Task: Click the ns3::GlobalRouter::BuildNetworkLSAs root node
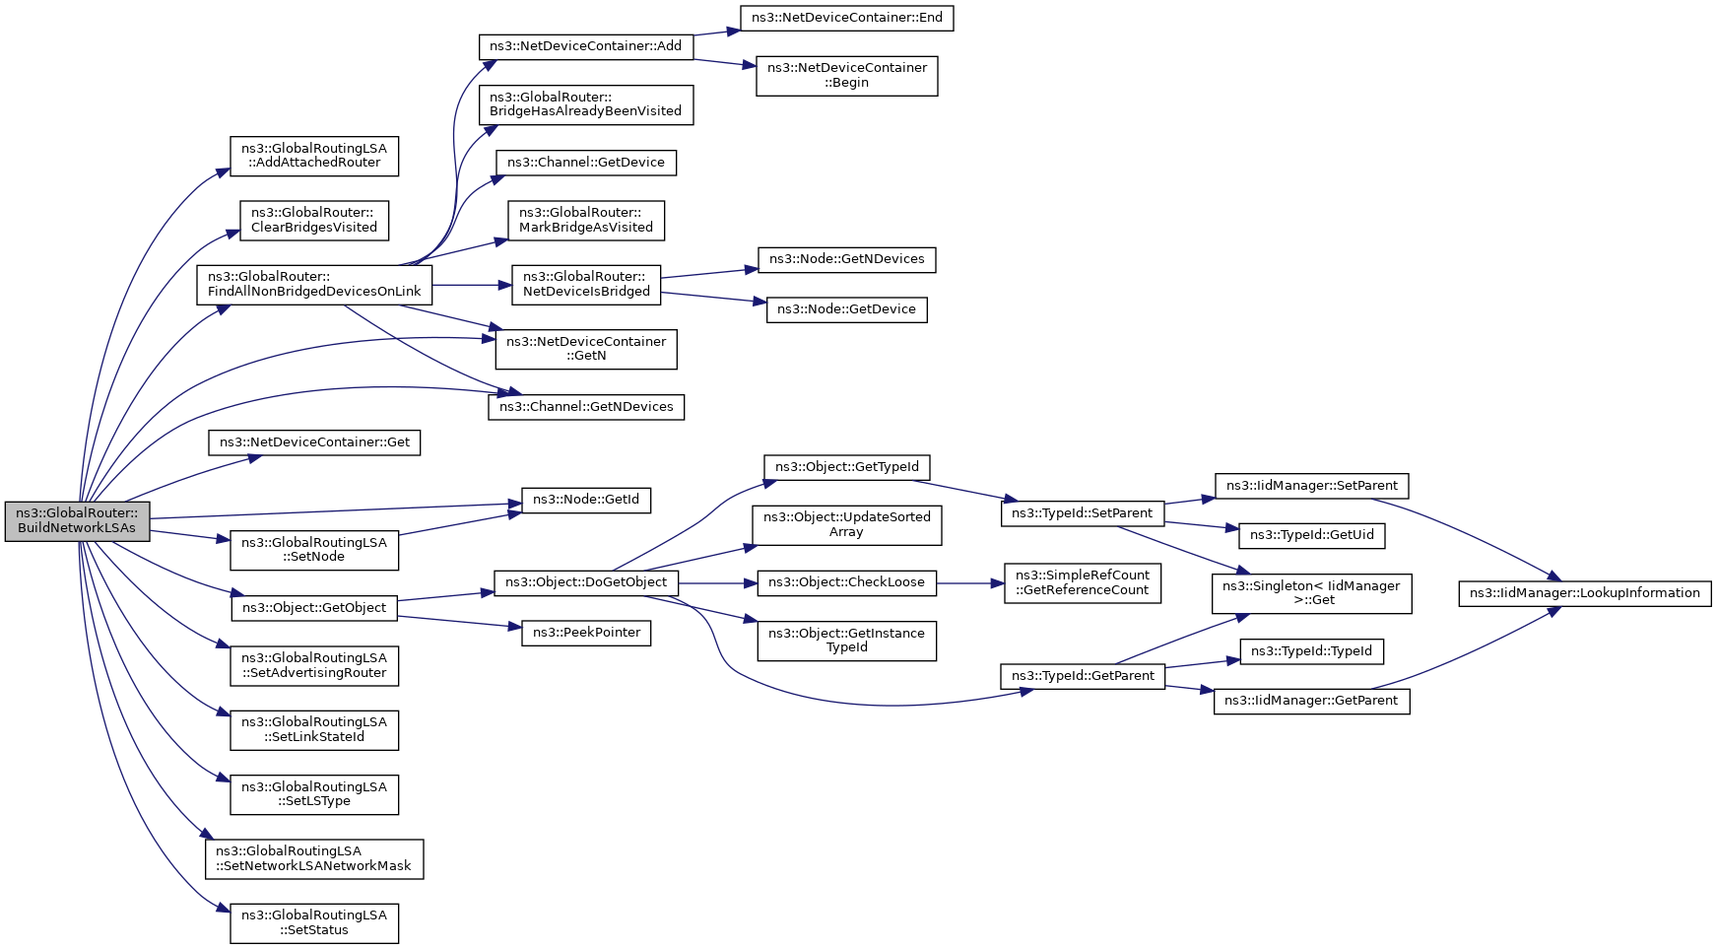77,521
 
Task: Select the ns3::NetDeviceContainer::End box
847,18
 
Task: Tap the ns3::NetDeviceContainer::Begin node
847,76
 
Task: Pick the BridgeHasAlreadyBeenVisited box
586,104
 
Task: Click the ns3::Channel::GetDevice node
586,163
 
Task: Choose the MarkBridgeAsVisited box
586,221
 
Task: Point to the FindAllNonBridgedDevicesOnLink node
314,285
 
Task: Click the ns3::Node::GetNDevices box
847,260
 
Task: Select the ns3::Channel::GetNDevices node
586,407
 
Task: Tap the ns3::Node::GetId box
586,500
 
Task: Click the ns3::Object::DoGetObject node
586,582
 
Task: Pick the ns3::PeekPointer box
586,633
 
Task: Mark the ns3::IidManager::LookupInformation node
1585,593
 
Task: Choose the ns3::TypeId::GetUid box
1311,535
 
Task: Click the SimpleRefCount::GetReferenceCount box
1083,582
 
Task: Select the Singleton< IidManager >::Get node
1311,593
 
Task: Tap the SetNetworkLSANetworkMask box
314,859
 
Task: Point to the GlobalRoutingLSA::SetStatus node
314,923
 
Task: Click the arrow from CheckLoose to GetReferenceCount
970,583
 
